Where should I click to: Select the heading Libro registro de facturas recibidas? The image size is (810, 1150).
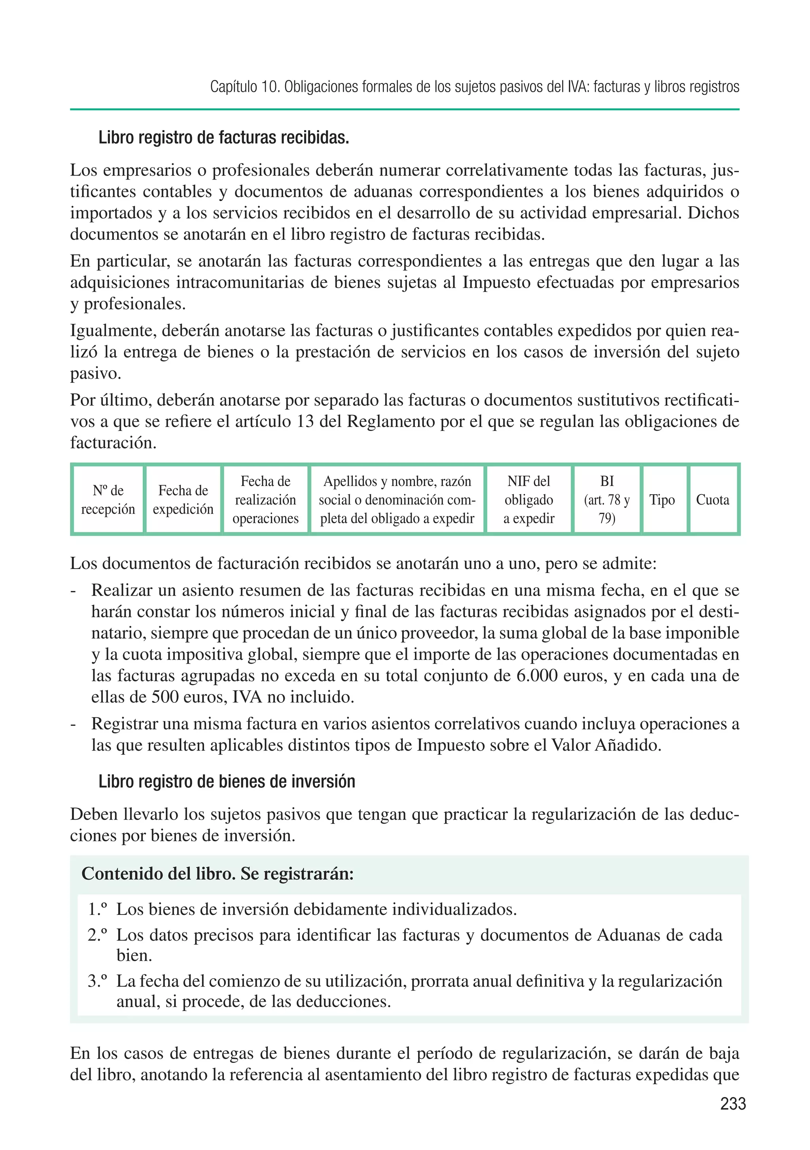(x=223, y=138)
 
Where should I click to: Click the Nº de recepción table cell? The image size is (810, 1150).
(x=108, y=500)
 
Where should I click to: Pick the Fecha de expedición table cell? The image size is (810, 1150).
(x=183, y=500)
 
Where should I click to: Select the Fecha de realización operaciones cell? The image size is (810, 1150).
(x=265, y=500)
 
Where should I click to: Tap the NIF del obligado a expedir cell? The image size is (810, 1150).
(x=529, y=500)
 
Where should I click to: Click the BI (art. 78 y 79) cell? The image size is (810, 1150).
(x=607, y=500)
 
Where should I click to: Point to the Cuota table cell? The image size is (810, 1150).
(x=712, y=500)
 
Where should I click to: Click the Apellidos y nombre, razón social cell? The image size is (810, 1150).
(x=397, y=500)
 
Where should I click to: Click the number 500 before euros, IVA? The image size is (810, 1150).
(x=166, y=697)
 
